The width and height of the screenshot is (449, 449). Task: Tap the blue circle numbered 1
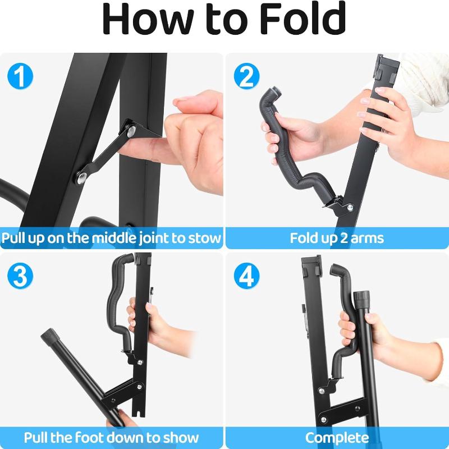point(20,76)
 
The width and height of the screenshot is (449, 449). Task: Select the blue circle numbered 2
point(246,76)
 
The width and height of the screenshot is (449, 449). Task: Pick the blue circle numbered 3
point(20,276)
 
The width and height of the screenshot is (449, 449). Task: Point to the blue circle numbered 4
point(246,276)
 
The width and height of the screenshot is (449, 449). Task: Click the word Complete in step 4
point(337,438)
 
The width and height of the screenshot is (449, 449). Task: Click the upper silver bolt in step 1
point(131,131)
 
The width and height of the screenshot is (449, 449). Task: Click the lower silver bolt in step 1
point(82,177)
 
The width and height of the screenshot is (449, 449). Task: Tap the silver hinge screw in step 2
point(350,208)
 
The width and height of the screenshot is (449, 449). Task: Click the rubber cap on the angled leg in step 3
point(49,336)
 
